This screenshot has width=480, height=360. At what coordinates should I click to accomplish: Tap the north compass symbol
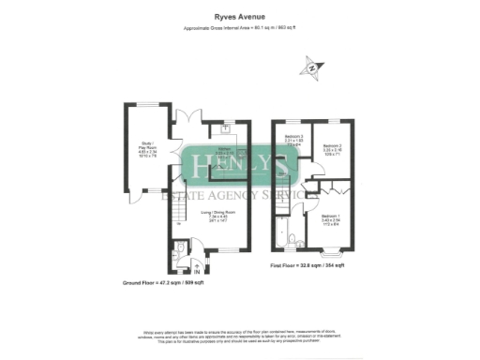(311, 67)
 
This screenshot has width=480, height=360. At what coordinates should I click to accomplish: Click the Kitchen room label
(226, 153)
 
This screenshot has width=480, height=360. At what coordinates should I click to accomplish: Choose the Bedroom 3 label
(294, 142)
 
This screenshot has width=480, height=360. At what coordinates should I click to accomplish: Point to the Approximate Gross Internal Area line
(239, 29)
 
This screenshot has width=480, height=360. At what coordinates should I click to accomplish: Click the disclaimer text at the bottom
(239, 337)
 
